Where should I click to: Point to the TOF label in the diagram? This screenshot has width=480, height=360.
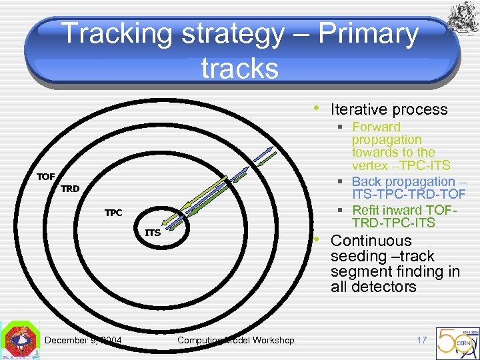45,177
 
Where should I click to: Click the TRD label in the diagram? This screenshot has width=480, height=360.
70,189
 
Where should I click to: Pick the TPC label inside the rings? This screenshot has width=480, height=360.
113,213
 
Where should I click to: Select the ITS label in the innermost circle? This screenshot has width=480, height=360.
153,233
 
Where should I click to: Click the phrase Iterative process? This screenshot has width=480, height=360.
389,109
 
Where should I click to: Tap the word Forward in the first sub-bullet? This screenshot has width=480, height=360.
376,127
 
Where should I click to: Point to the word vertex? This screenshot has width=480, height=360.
371,165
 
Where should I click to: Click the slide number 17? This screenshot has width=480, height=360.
421,340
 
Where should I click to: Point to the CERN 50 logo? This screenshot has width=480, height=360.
457,341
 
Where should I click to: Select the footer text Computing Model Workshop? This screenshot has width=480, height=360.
235,341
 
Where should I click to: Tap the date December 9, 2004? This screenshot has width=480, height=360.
83,341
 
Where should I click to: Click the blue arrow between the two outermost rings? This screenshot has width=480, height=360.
264,154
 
